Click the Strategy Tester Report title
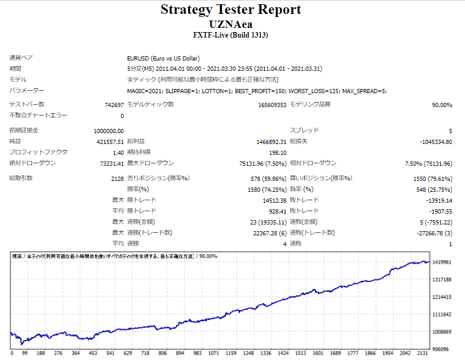pos(230,10)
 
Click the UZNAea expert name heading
pos(230,24)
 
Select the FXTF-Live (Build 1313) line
pos(230,35)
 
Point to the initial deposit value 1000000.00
pos(109,131)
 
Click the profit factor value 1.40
pos(118,152)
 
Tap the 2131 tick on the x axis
pos(424,353)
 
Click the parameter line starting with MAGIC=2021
pos(256,91)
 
